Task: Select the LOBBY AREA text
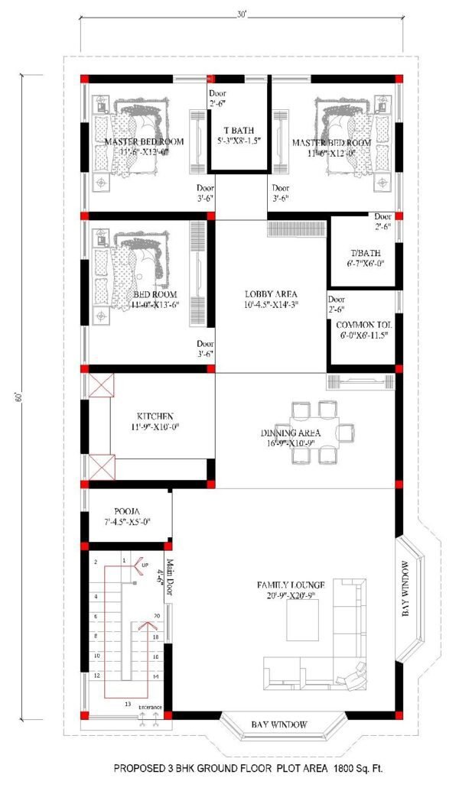pyautogui.click(x=271, y=294)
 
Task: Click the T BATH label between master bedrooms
pyautogui.click(x=239, y=130)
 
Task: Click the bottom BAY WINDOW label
pyautogui.click(x=279, y=724)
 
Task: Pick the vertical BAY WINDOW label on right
pyautogui.click(x=406, y=589)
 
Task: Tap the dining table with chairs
pyautogui.click(x=317, y=432)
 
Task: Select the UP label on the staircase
pyautogui.click(x=145, y=565)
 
